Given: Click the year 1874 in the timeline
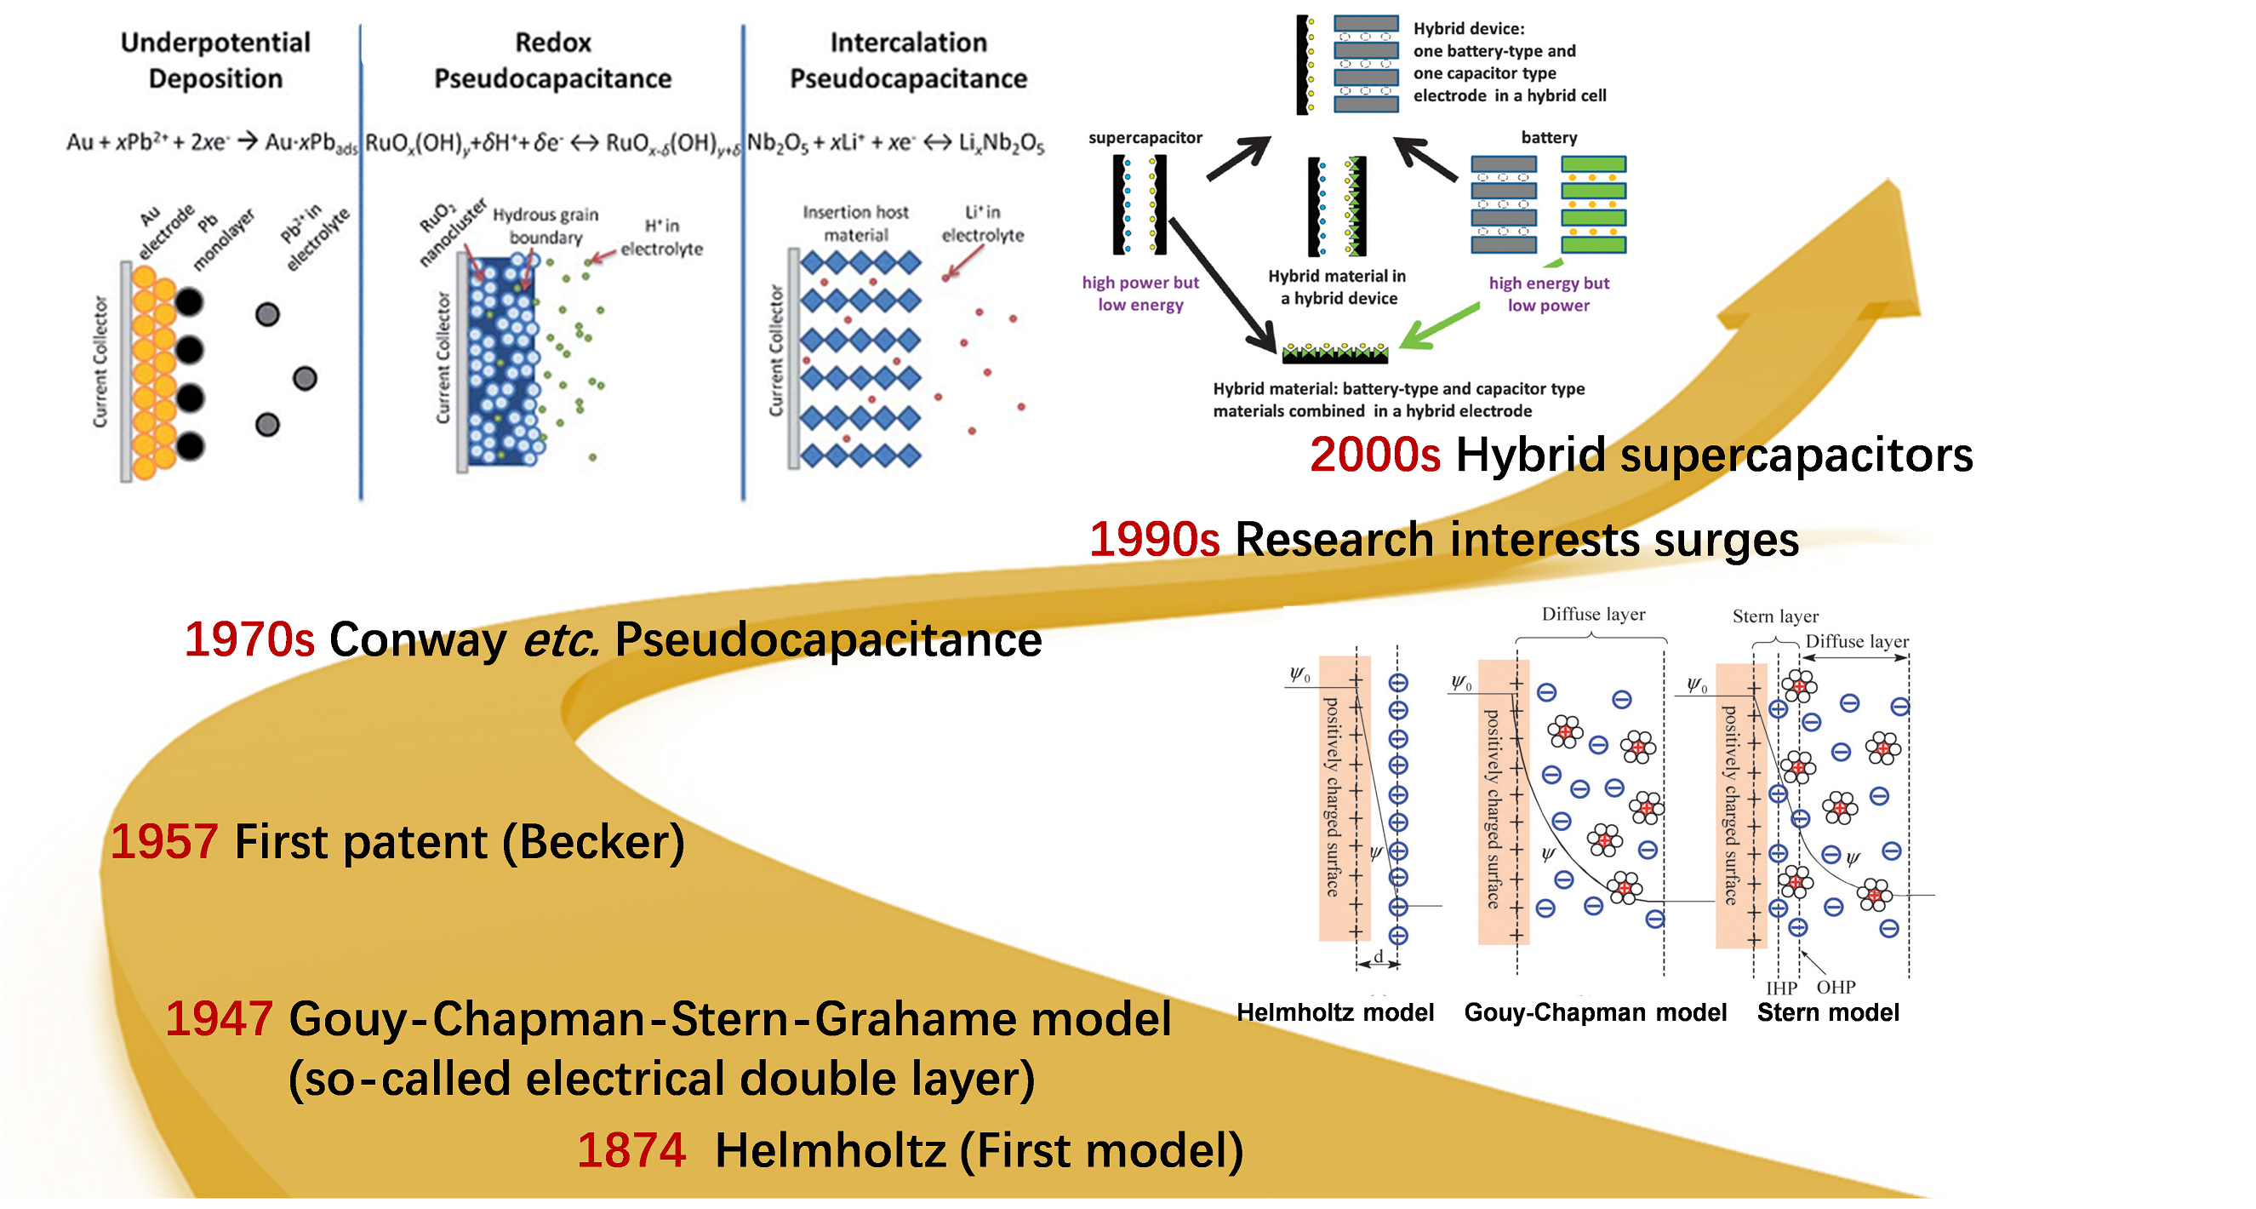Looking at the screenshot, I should pyautogui.click(x=631, y=1150).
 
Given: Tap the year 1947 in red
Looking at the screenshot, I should pyautogui.click(x=219, y=1019).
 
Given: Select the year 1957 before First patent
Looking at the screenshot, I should pyautogui.click(x=163, y=842).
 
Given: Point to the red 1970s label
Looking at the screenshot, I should pyautogui.click(x=248, y=639).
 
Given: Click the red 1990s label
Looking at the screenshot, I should pyautogui.click(x=1154, y=540).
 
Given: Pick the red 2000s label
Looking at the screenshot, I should pyautogui.click(x=1375, y=456).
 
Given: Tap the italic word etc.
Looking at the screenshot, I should pyautogui.click(x=561, y=639).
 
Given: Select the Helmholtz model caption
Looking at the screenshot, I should pyautogui.click(x=1334, y=1013).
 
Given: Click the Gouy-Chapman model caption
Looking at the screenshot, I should pyautogui.click(x=1595, y=1013).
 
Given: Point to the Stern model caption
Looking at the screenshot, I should pyautogui.click(x=1828, y=1013).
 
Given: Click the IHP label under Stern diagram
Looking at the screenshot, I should pyautogui.click(x=1781, y=988).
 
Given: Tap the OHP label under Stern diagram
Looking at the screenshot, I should pyautogui.click(x=1836, y=988).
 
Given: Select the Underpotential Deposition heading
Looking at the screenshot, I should pyautogui.click(x=215, y=60).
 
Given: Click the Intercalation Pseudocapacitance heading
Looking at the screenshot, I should pyautogui.click(x=908, y=60).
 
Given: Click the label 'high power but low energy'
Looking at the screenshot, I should pyautogui.click(x=1140, y=294).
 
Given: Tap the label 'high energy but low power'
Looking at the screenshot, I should pyautogui.click(x=1548, y=295).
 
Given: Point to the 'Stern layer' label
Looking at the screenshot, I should pyautogui.click(x=1775, y=616).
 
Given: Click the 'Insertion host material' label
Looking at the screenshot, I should pyautogui.click(x=855, y=223).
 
